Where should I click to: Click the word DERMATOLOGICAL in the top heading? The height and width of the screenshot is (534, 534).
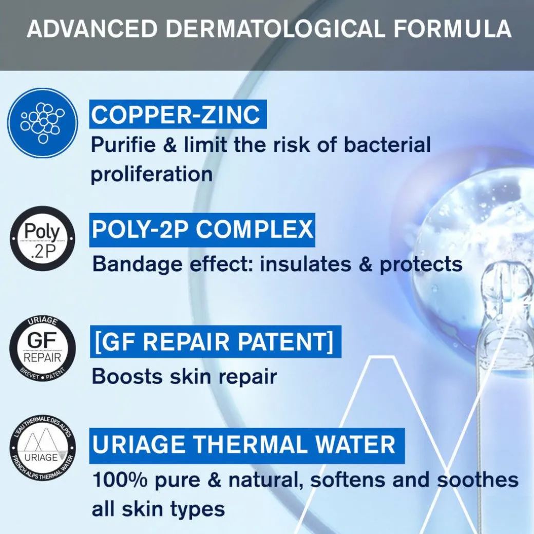(275, 29)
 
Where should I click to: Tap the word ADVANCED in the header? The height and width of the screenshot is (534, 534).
(92, 29)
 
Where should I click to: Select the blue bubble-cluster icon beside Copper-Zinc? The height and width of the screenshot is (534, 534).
(43, 123)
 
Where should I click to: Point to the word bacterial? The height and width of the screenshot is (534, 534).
(387, 144)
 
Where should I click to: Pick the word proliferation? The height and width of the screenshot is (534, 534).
(151, 175)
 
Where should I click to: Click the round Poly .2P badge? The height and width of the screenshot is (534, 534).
(43, 238)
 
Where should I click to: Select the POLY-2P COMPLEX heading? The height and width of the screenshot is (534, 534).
(202, 230)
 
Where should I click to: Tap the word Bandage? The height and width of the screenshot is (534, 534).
(138, 264)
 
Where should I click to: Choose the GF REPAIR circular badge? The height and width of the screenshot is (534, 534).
(43, 349)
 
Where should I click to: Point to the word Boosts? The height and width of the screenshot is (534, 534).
(127, 376)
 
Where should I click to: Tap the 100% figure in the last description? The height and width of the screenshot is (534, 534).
(120, 480)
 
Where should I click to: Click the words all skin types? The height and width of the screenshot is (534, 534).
(158, 509)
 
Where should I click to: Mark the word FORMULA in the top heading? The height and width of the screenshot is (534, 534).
(452, 29)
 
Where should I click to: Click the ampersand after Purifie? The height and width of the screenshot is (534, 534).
(170, 144)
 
